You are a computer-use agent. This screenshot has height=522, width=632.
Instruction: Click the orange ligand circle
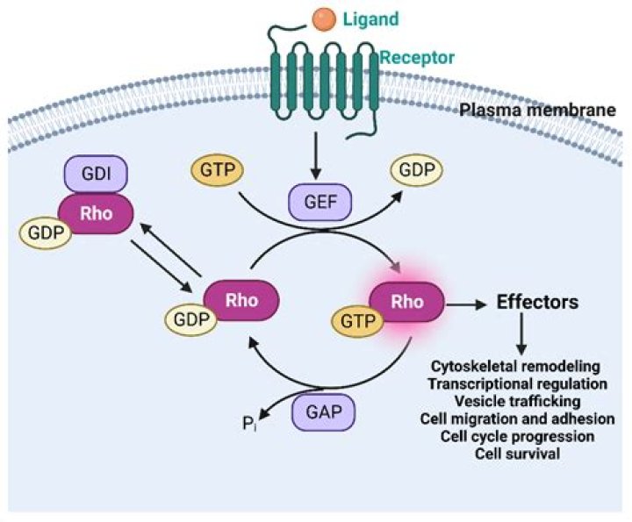[325, 16]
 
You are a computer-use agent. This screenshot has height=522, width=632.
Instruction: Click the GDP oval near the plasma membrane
[417, 170]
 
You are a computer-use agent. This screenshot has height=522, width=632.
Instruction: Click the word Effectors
[537, 303]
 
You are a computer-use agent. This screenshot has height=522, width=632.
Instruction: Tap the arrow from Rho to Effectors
[466, 304]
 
